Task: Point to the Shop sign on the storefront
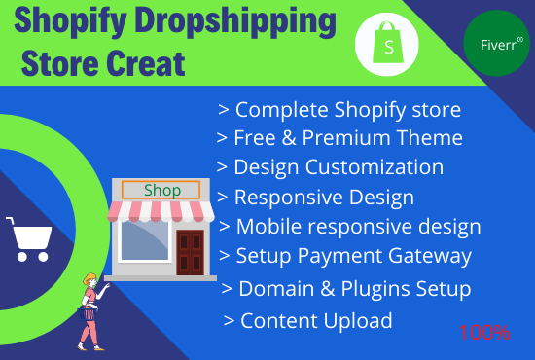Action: [161, 190]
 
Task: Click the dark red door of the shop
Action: [189, 252]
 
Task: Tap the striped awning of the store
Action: [160, 211]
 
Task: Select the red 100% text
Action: [484, 332]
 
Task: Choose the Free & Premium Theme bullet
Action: [340, 137]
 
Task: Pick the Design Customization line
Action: [331, 166]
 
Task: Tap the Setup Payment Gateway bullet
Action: [346, 256]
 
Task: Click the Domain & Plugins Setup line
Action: [347, 288]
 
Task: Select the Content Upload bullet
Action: [308, 319]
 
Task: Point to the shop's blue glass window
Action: [145, 249]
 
